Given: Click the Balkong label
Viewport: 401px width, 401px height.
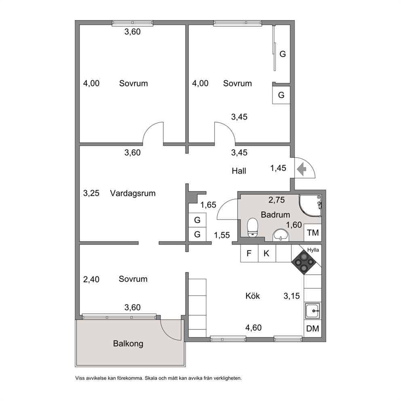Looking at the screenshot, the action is coord(128,344).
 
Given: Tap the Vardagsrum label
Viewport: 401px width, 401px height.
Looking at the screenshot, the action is coord(133,193).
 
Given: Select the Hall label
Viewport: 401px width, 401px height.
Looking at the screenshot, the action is coord(239,171).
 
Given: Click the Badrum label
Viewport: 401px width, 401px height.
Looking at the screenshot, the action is coord(275,215).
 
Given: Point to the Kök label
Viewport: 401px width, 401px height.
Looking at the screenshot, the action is coord(253,296).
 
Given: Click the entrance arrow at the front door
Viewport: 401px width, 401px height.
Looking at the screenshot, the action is coord(302,169).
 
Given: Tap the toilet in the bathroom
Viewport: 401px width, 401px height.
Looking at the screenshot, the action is coord(252,227).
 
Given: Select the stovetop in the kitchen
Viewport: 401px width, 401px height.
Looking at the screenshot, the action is coord(304,262).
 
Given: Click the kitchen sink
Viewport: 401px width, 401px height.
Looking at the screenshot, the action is coord(312,311).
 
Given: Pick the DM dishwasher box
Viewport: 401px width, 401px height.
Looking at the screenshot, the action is coord(312,328).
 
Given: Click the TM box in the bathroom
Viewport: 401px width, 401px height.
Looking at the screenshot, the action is coord(313,233).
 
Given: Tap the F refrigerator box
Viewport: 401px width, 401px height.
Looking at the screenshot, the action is coord(249,253).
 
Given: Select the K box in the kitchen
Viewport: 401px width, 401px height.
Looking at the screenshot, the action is coord(267,253).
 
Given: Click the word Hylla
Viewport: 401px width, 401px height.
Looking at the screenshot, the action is coord(313,250).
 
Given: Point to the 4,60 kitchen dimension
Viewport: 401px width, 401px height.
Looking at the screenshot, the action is coord(253,327).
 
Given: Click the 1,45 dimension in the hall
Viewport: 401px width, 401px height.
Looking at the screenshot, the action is coord(278,168).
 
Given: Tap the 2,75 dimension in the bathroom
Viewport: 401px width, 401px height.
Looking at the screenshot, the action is coord(276,200).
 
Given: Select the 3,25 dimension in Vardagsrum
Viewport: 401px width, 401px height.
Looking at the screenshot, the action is coord(91,193).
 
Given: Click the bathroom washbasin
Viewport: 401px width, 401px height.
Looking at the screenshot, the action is coord(281,235).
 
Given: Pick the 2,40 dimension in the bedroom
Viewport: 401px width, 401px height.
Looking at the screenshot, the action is coord(91,279).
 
